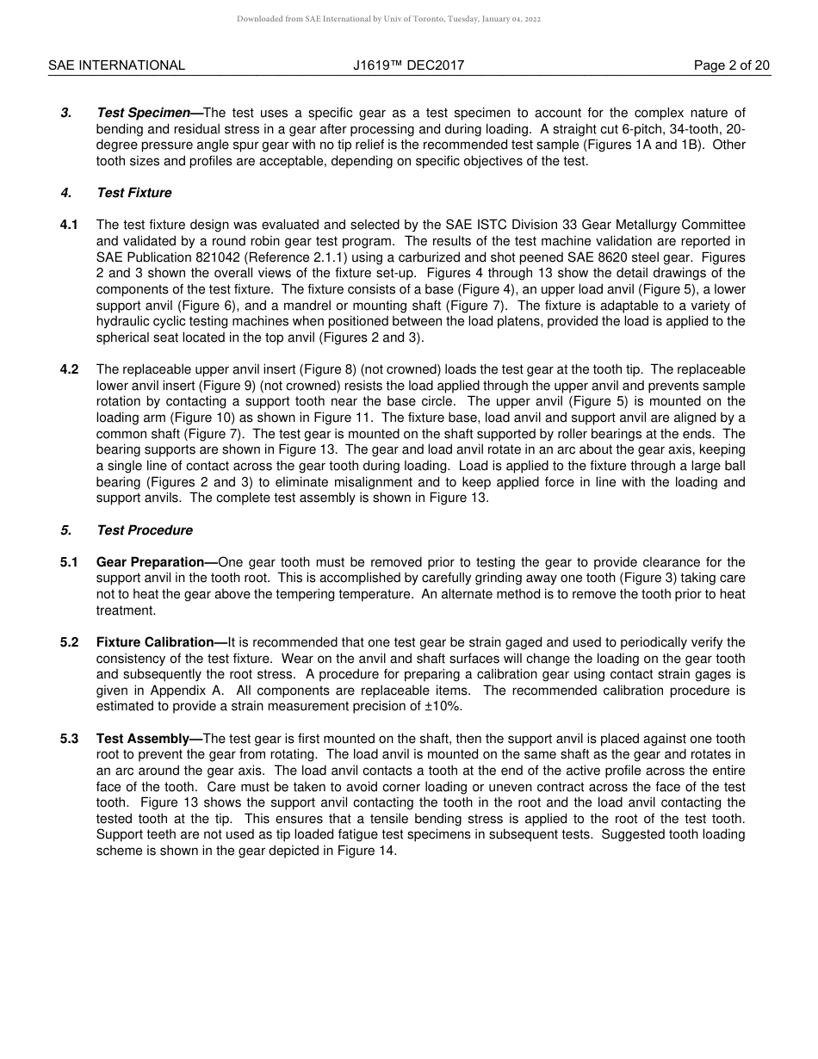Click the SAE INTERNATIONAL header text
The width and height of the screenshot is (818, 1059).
(116, 65)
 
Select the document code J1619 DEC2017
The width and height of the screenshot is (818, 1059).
(408, 65)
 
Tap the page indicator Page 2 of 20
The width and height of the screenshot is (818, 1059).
(732, 65)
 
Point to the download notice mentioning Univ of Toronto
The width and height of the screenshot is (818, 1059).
(388, 19)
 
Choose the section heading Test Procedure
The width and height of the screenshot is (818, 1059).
(144, 530)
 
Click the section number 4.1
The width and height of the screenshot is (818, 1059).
(69, 225)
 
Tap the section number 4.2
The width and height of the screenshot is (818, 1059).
(69, 369)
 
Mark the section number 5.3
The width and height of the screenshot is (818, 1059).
(69, 739)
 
